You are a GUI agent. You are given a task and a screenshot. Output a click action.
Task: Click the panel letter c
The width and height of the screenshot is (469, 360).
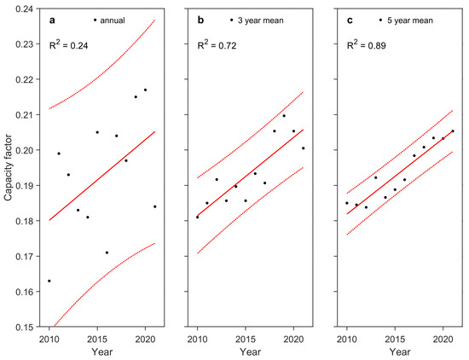[351, 19]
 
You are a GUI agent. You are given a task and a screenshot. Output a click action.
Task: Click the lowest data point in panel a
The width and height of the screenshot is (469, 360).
[49, 281]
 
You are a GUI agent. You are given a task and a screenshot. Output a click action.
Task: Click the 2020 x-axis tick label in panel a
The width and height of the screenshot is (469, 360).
[145, 338]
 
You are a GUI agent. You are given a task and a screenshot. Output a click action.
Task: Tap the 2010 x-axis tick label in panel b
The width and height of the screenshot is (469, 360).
[197, 338]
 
